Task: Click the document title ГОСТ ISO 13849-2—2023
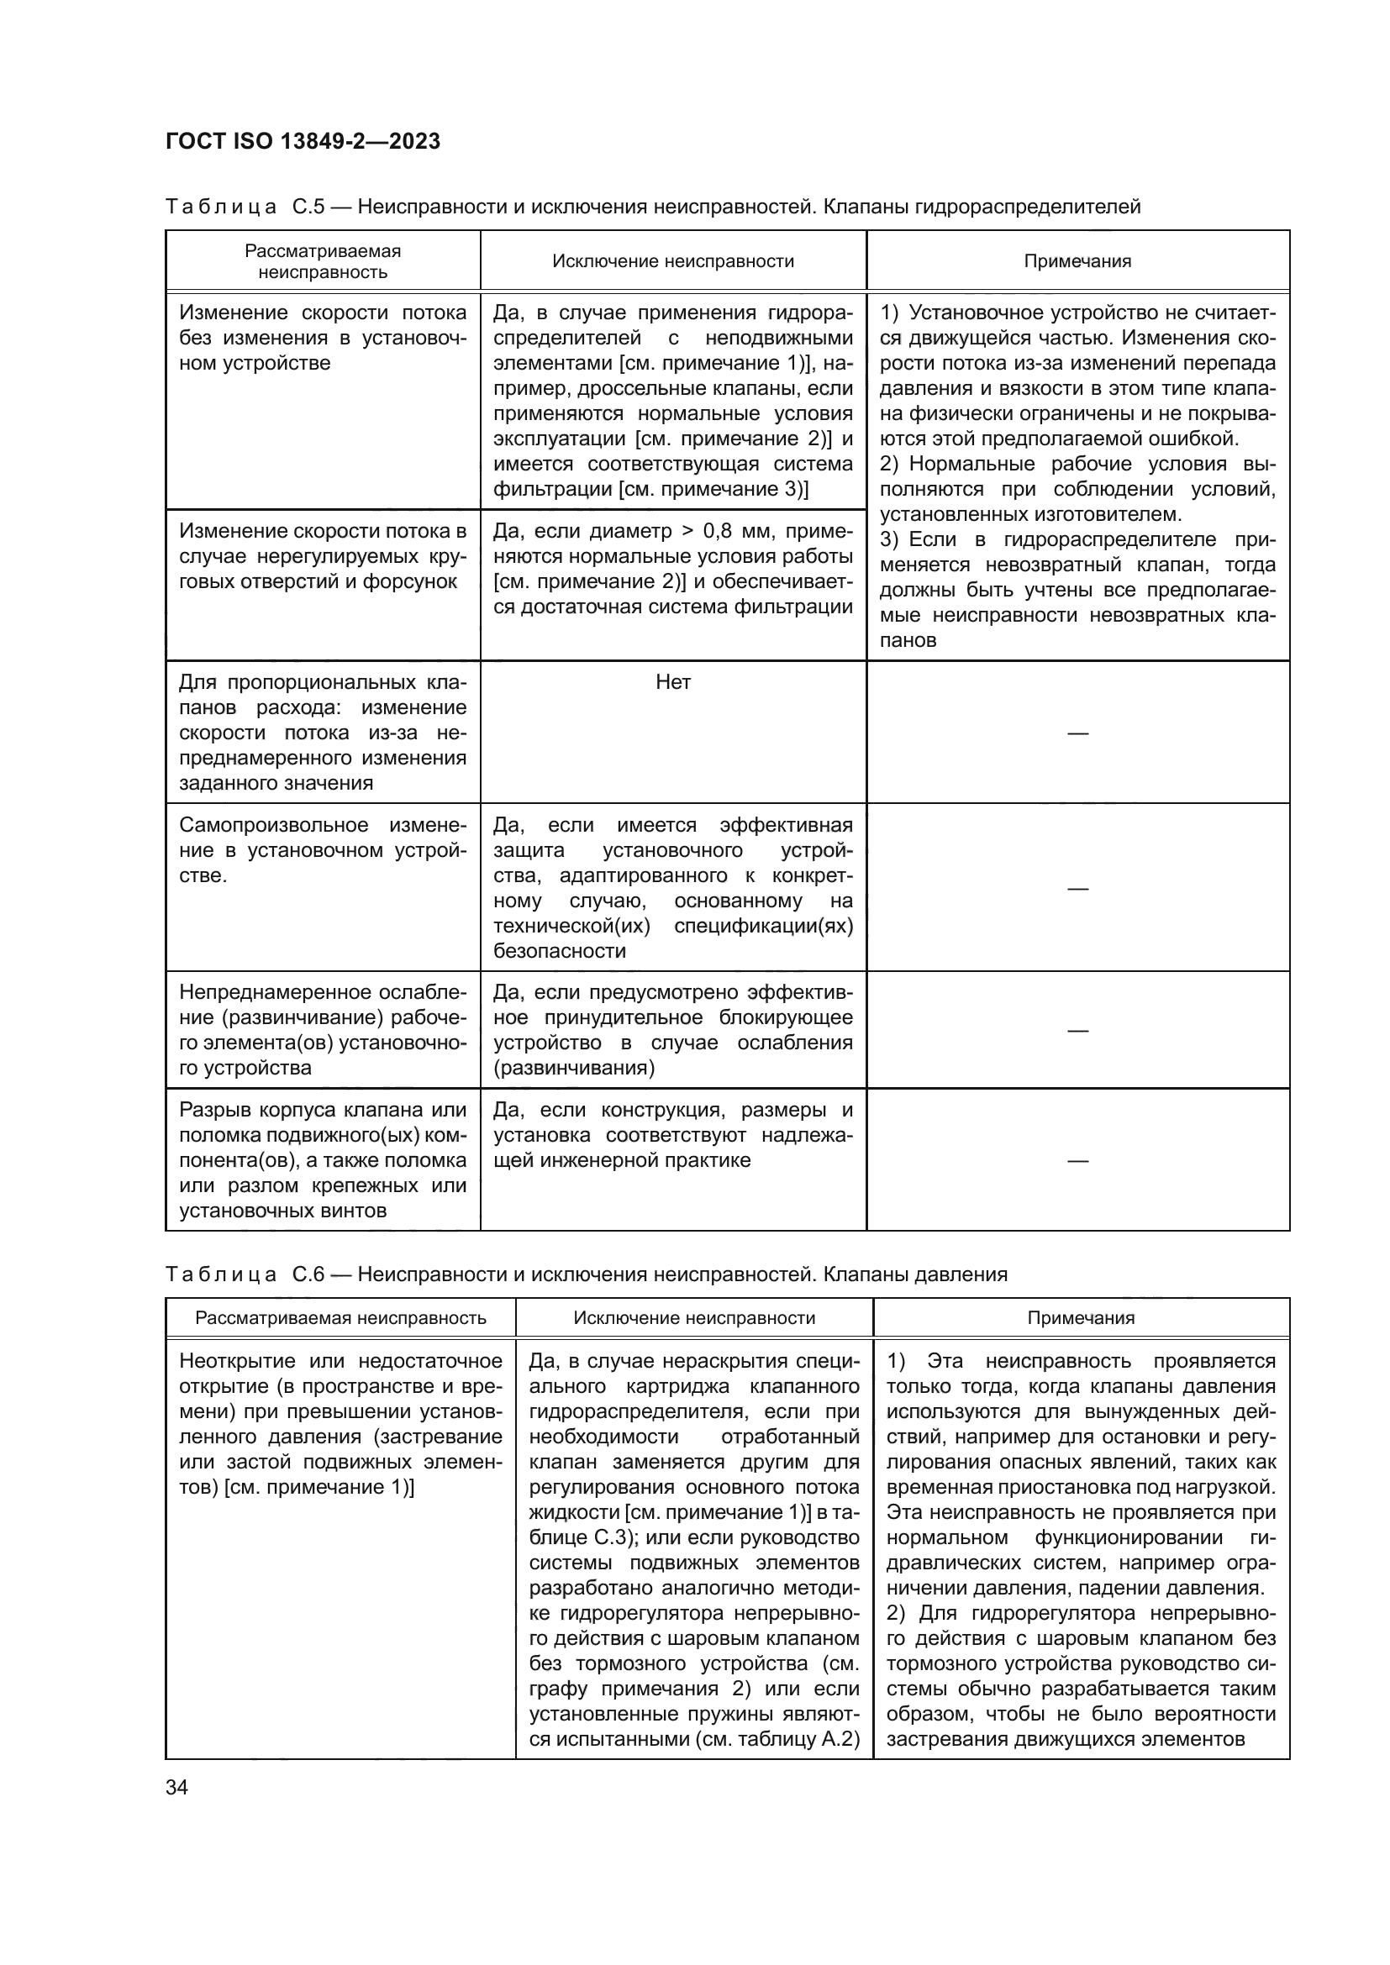[303, 141]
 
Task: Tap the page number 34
[177, 1787]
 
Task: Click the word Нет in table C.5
[673, 682]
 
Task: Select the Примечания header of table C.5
[1077, 261]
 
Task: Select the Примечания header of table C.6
[1081, 1318]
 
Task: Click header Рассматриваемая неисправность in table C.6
[340, 1318]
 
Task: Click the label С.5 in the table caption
[308, 207]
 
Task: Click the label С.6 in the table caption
[308, 1274]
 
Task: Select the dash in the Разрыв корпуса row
[1077, 1160]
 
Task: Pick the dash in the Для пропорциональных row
[1077, 733]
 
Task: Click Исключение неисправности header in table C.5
[673, 261]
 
